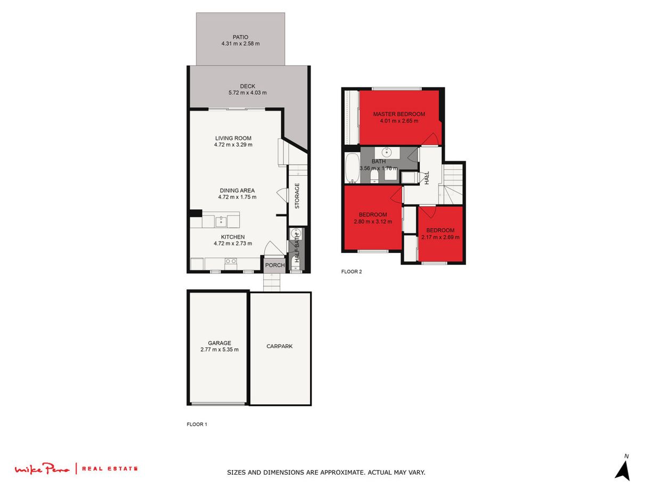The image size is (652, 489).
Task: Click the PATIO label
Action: coord(240,37)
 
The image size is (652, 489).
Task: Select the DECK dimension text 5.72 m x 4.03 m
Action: coord(244,93)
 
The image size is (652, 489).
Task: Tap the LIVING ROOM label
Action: coord(233,138)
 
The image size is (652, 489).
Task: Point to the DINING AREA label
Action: coord(237,190)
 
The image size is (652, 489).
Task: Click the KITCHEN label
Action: coord(233,237)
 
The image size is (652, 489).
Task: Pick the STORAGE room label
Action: coord(297,196)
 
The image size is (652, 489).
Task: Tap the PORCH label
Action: coord(275,265)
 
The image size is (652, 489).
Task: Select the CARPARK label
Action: coord(280,346)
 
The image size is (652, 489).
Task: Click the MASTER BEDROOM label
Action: coord(399,114)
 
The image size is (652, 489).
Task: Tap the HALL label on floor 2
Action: coord(427,178)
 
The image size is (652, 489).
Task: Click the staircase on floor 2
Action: coord(454,184)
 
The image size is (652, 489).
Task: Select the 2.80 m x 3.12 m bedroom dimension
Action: coord(372,222)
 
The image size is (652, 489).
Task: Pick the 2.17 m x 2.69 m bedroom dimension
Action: coord(440,238)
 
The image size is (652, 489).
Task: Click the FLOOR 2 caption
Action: coord(351,272)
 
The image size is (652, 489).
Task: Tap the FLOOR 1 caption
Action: coord(197,425)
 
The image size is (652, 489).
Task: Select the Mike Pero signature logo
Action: coord(42,469)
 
